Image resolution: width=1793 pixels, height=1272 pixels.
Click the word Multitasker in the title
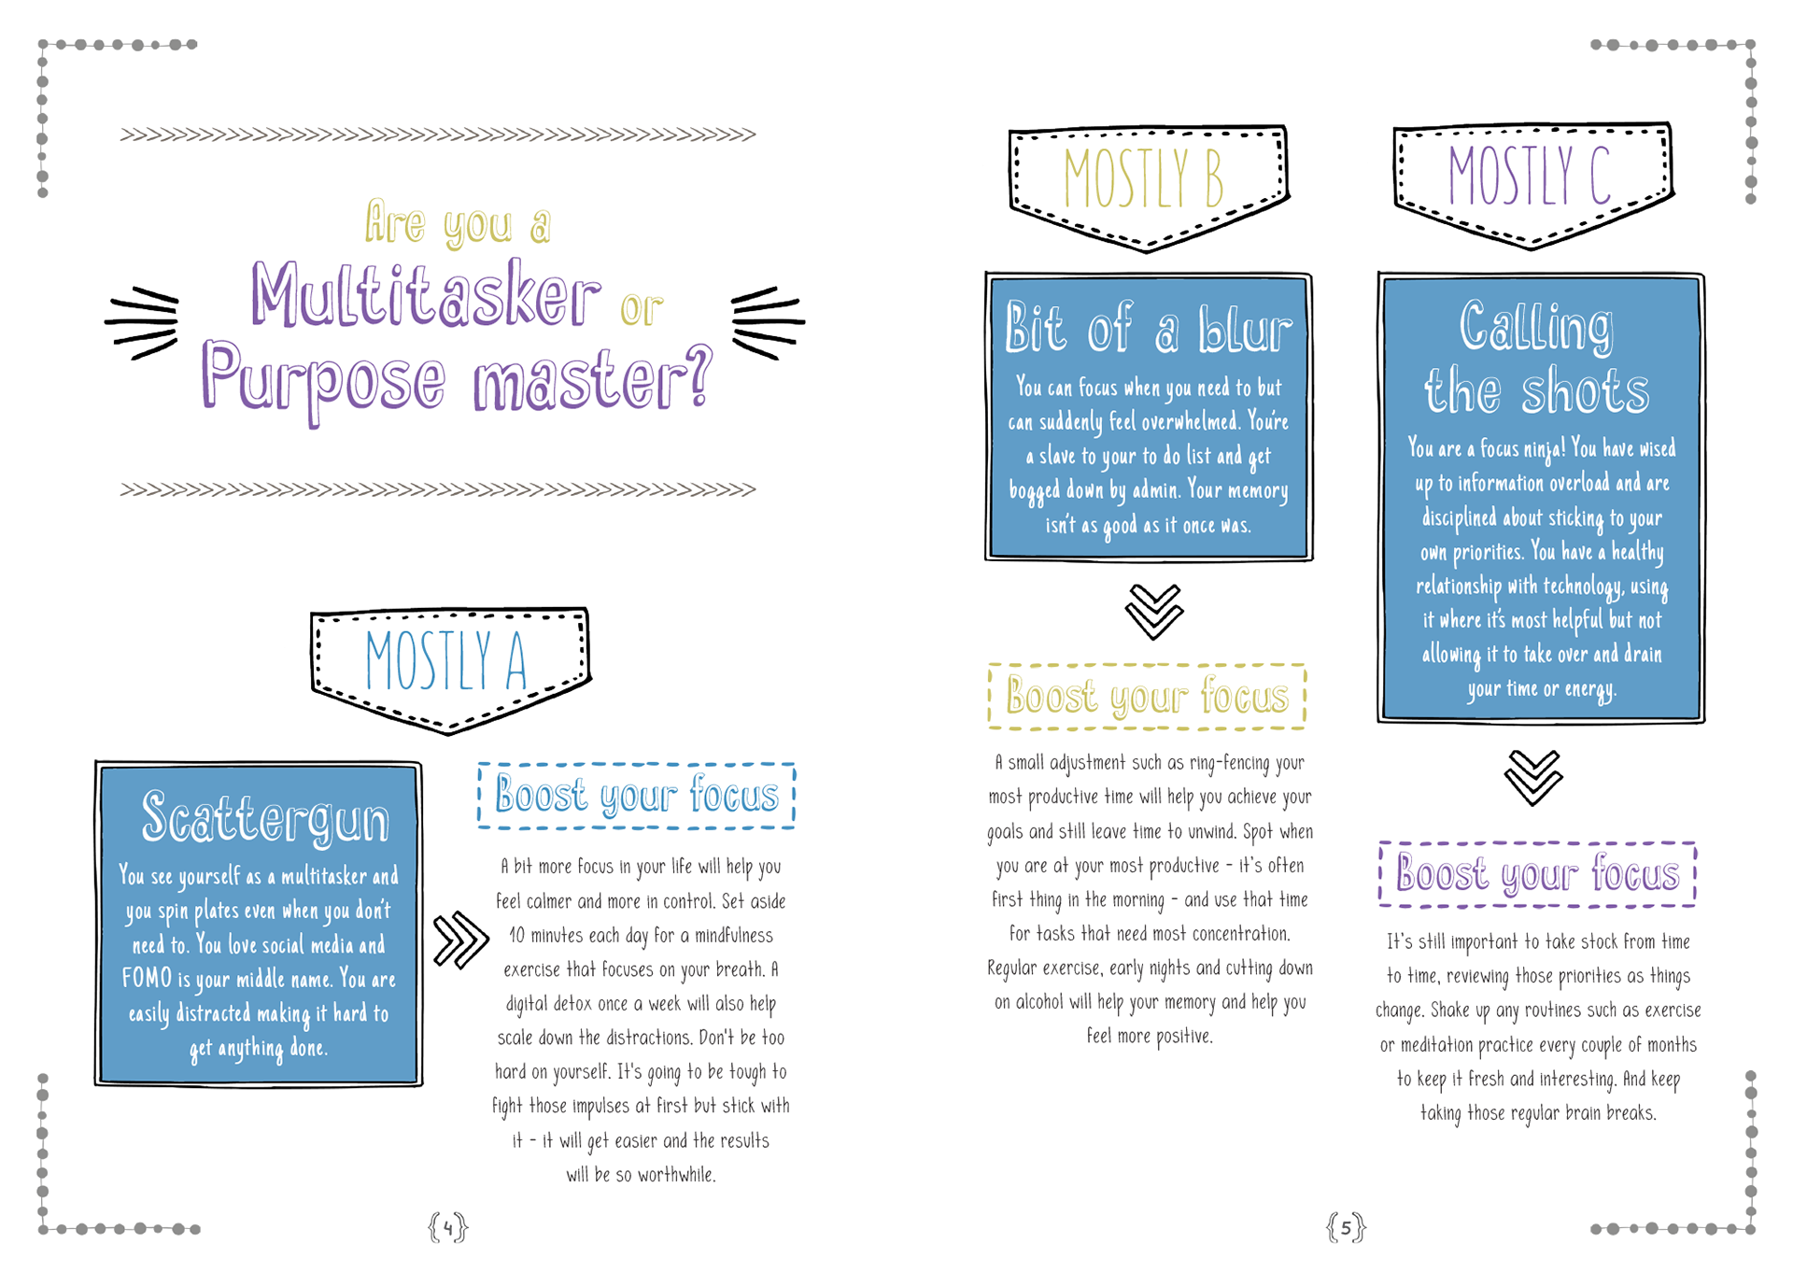(x=425, y=295)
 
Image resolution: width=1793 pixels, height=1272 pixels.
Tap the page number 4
(x=448, y=1226)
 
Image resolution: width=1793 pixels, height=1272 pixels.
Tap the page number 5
(x=1346, y=1226)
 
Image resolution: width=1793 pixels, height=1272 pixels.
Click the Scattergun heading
(x=264, y=818)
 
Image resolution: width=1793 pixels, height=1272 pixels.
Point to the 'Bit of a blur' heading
(x=1149, y=328)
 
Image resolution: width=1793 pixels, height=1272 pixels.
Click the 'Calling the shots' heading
(x=1537, y=358)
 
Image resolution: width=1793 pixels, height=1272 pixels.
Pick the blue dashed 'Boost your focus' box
(x=637, y=796)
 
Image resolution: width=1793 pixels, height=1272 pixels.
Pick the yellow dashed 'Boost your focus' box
(x=1147, y=697)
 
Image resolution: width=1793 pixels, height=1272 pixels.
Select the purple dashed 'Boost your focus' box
(x=1537, y=874)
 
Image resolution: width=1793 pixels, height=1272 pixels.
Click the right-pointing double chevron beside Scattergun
(x=461, y=940)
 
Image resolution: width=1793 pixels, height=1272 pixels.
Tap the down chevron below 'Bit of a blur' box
(x=1154, y=612)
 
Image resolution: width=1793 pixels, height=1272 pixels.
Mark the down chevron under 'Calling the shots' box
(x=1533, y=777)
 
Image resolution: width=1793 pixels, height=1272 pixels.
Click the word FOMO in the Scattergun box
(x=147, y=978)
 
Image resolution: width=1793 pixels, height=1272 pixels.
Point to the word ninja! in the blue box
(x=1544, y=450)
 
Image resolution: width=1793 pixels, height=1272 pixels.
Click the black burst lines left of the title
(x=142, y=323)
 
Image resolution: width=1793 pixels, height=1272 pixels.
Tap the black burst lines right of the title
(x=768, y=323)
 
